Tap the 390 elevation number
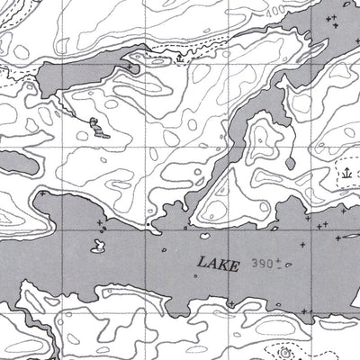tap(261, 263)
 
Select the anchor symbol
tap(346, 171)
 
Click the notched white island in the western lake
tap(97, 245)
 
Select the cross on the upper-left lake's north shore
tap(130, 67)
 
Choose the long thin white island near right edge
tap(346, 239)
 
